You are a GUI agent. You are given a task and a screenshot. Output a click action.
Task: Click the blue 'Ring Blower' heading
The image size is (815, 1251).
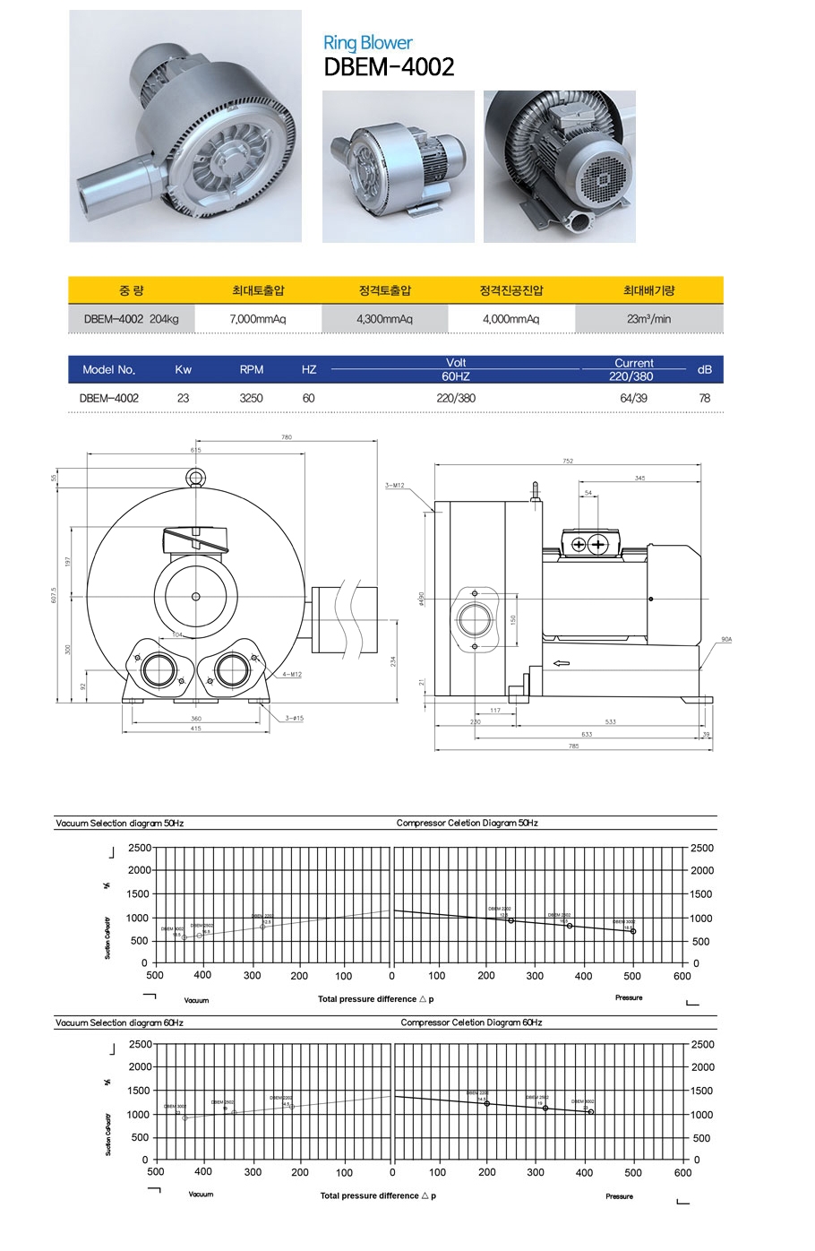click(x=367, y=43)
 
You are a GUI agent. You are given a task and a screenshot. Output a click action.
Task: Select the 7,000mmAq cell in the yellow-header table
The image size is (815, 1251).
click(x=258, y=319)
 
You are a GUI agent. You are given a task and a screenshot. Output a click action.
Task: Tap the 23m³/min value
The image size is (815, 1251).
click(x=649, y=319)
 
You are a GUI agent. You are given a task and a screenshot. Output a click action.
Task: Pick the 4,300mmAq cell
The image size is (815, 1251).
click(x=384, y=319)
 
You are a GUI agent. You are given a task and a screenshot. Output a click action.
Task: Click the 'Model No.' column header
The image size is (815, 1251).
click(x=108, y=370)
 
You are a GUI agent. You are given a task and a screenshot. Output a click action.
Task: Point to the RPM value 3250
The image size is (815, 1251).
click(x=252, y=398)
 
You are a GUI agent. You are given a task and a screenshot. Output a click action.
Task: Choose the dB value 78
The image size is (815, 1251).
click(x=705, y=398)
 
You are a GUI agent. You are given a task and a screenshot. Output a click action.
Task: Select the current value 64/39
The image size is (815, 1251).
click(x=633, y=398)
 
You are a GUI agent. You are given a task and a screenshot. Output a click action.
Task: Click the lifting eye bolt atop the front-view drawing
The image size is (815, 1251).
click(x=195, y=478)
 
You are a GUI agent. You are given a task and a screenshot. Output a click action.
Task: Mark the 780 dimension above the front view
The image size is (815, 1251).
click(x=287, y=437)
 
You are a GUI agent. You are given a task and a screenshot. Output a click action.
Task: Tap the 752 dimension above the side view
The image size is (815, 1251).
click(x=568, y=462)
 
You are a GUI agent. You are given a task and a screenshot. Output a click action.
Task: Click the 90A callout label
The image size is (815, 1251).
click(x=725, y=640)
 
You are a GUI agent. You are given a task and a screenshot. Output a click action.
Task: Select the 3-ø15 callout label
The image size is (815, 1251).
click(x=294, y=719)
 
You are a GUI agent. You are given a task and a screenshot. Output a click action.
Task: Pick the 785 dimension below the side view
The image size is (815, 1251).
click(x=573, y=746)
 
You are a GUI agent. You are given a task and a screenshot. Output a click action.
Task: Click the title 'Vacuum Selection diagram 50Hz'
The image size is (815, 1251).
click(x=119, y=823)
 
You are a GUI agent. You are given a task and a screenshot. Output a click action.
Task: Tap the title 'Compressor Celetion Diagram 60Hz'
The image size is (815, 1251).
click(x=471, y=1022)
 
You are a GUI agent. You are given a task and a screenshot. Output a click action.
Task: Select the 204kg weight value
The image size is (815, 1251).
click(x=164, y=319)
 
